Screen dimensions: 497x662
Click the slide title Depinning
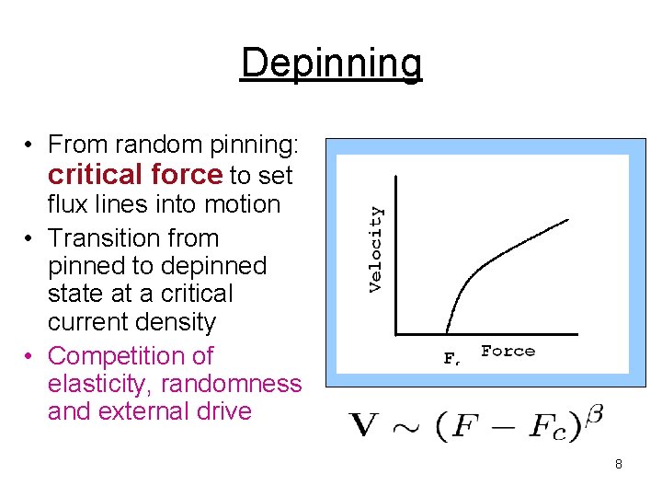pyautogui.click(x=331, y=64)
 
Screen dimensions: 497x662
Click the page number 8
pyautogui.click(x=619, y=464)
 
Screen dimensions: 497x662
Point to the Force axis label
pyautogui.click(x=508, y=351)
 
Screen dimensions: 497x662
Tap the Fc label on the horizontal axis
pyautogui.click(x=451, y=359)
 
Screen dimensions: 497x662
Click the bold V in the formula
pyautogui.click(x=365, y=425)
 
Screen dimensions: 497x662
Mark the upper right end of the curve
pyautogui.click(x=567, y=219)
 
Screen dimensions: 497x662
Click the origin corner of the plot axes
pyautogui.click(x=396, y=333)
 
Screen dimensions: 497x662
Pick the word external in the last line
pyautogui.click(x=148, y=410)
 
